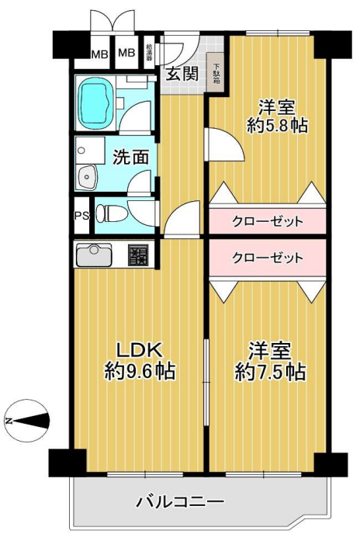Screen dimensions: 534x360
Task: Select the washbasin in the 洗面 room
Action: coord(87,176)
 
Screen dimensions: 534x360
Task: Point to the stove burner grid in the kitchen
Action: coord(138,254)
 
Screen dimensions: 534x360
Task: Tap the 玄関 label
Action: coord(180,75)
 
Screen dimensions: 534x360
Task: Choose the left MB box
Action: coord(100,54)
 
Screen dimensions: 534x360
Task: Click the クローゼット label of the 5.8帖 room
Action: coord(268,222)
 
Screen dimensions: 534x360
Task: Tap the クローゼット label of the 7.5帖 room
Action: coord(268,257)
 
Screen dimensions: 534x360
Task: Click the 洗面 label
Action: coord(131,156)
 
